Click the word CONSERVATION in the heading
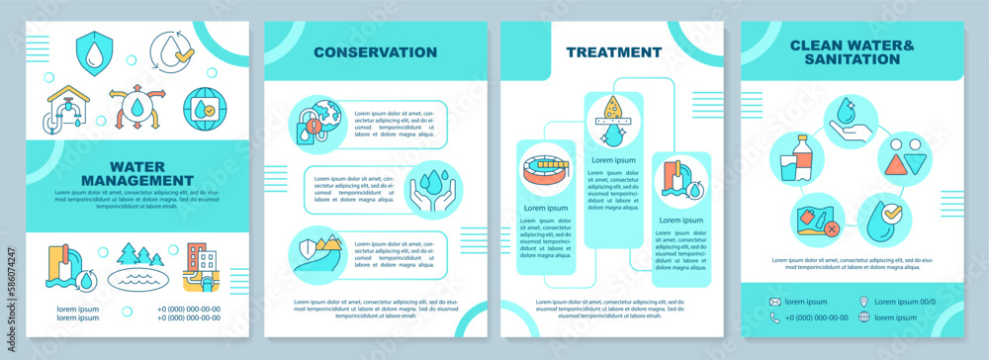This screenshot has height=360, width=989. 376,51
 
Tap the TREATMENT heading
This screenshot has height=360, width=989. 613,51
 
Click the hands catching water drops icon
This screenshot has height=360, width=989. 428,188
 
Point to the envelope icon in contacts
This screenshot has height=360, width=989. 775,302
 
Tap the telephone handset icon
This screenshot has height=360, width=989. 775,317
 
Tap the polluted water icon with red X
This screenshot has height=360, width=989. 813,220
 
